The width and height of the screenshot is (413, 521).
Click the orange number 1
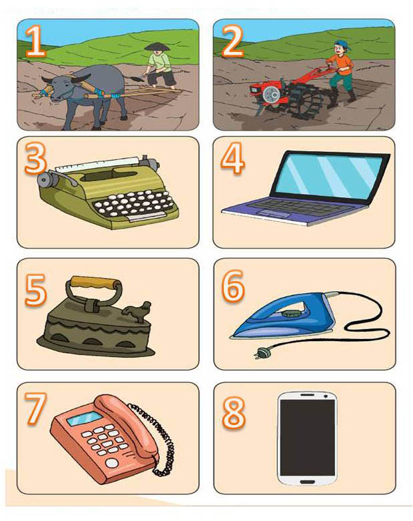[x=36, y=41]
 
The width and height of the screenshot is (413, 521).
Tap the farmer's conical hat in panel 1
[x=157, y=47]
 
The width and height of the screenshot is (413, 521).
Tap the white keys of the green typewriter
[x=134, y=202]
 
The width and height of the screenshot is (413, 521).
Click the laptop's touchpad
[x=274, y=214]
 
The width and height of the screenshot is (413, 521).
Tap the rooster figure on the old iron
[x=137, y=311]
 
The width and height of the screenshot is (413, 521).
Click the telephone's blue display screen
[x=85, y=418]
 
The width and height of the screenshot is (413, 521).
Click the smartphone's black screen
[x=307, y=438]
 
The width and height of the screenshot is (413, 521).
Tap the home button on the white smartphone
[x=307, y=482]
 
